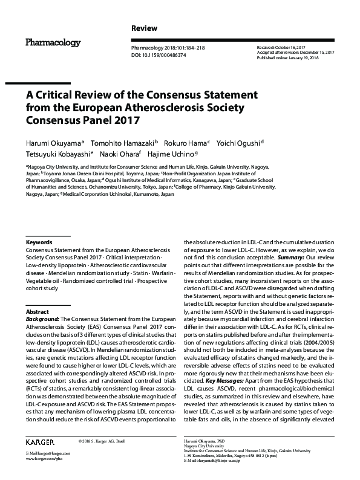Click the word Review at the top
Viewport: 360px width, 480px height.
[144, 28]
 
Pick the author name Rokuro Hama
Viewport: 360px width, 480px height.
[188, 143]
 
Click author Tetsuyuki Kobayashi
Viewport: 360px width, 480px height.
[57, 155]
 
